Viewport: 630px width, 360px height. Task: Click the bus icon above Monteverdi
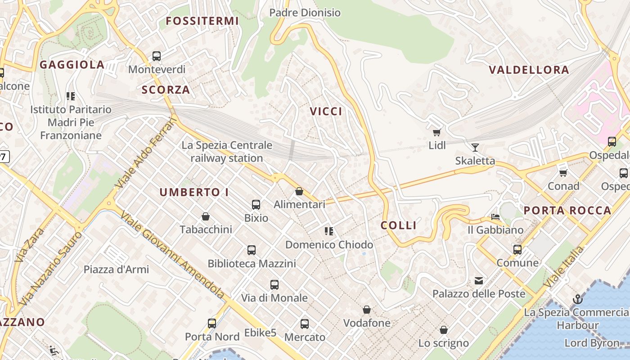point(157,56)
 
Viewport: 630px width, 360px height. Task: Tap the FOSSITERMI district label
point(202,21)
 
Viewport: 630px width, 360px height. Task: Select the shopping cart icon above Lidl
point(436,132)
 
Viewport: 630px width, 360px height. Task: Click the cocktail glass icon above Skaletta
point(475,147)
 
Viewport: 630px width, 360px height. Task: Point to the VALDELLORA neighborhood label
point(529,70)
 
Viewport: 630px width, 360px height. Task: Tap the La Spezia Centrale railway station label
point(227,152)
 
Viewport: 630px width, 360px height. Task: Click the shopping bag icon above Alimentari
point(299,191)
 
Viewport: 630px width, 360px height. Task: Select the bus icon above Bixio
point(256,205)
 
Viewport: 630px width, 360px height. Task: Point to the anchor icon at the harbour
point(577,299)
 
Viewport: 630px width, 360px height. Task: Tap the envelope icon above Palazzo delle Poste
point(479,281)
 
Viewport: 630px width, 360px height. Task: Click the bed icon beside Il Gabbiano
point(495,217)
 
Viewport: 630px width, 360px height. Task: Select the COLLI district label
point(399,225)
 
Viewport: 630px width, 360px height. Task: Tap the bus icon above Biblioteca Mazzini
point(252,250)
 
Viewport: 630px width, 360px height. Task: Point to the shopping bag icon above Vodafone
point(367,310)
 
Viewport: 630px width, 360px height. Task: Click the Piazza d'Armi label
point(116,270)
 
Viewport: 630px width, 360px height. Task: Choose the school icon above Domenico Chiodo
point(329,231)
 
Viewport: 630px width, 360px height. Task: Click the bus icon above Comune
point(517,249)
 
